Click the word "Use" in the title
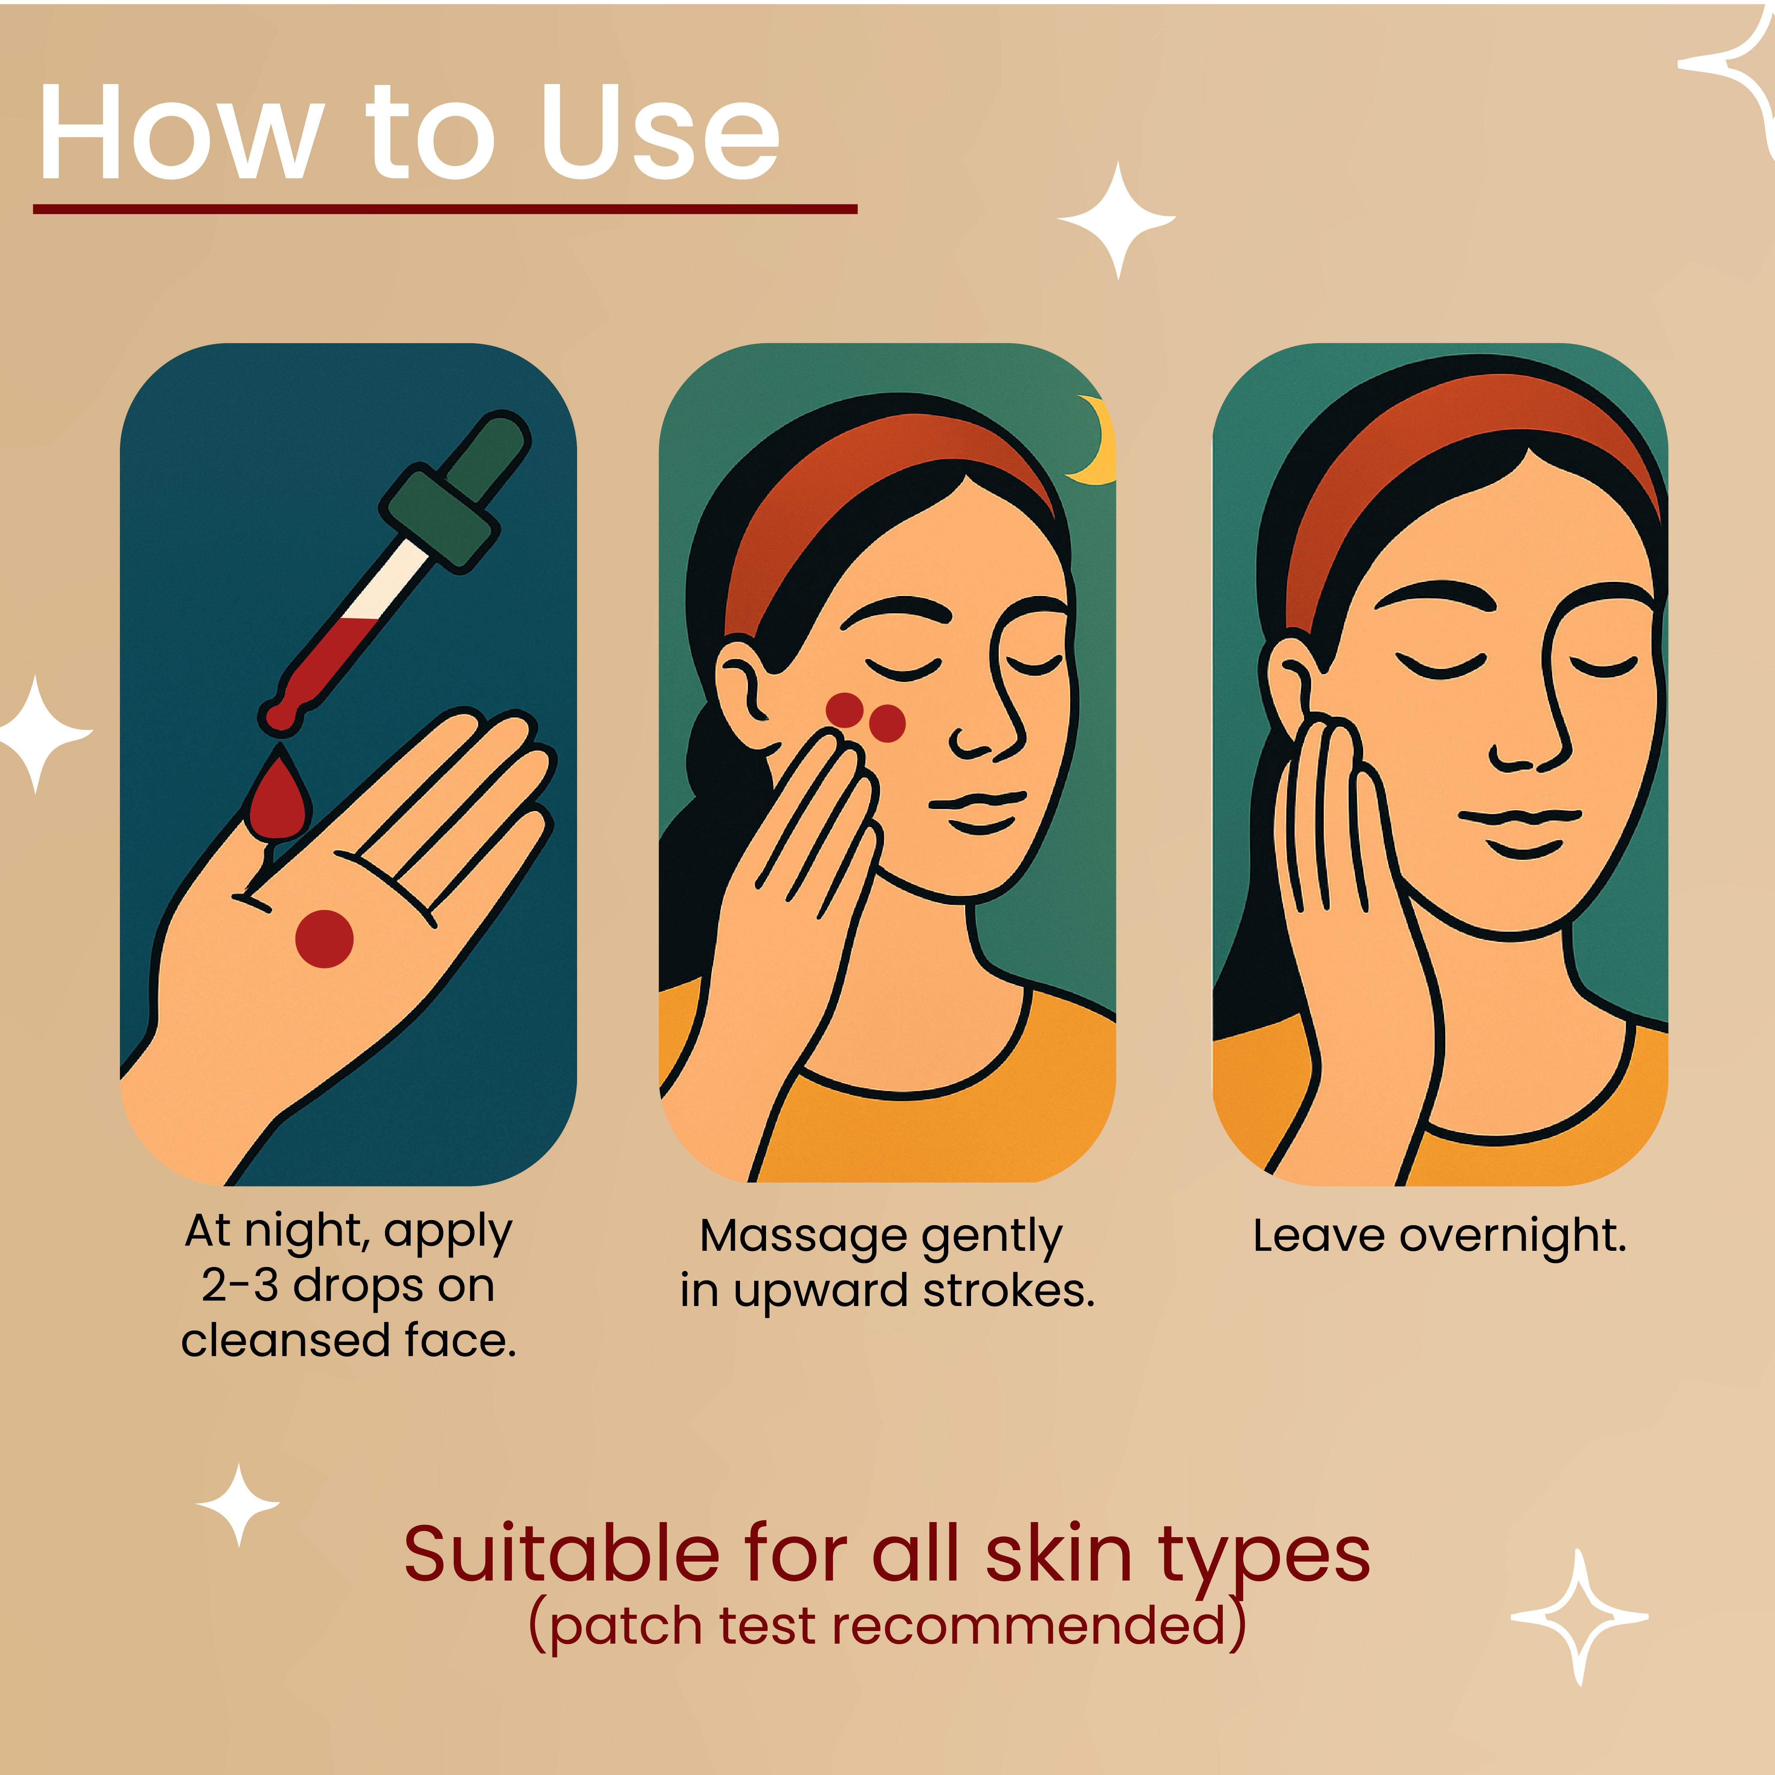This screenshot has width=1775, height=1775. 660,133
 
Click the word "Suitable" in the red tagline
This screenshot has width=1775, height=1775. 561,1555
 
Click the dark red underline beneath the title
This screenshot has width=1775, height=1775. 445,209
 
